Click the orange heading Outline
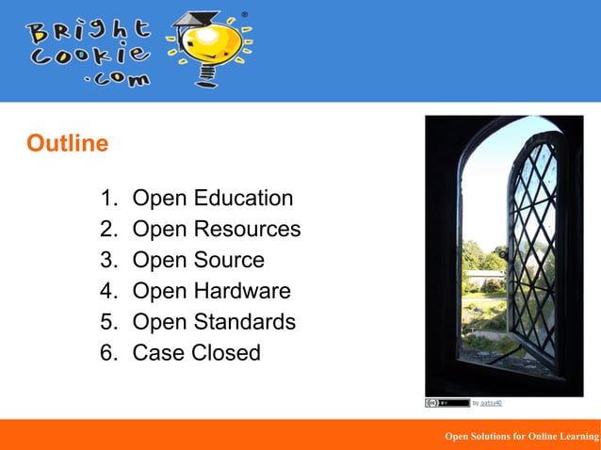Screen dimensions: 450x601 [x=67, y=144]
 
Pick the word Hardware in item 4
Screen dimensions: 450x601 [x=243, y=292]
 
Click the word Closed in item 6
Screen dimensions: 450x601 [x=225, y=353]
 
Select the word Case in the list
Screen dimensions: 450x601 [x=157, y=353]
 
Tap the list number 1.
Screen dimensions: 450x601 [x=107, y=199]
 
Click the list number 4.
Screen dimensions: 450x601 [x=107, y=292]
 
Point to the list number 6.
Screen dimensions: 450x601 [x=107, y=353]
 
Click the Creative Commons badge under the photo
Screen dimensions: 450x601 [x=447, y=403]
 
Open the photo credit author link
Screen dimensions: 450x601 [x=491, y=403]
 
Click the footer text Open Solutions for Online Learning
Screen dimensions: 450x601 [x=521, y=436]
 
